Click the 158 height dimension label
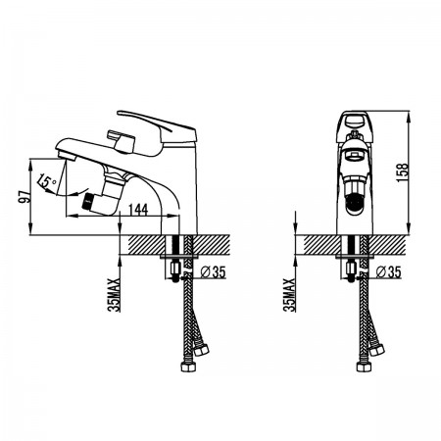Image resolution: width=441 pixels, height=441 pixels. coord(403,172)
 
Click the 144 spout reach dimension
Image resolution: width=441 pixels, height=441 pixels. coord(138,210)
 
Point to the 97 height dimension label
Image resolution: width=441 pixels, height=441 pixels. coord(24,196)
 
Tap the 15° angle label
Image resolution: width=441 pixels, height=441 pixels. coord(47,181)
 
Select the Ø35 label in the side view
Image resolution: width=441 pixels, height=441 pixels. coord(213,271)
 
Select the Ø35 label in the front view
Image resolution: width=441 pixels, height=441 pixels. coord(388,271)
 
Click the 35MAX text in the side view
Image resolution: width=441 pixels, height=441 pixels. coord(115,295)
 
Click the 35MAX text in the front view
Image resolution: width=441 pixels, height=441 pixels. coord(290,295)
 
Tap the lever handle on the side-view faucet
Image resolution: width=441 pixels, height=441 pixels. coord(157,125)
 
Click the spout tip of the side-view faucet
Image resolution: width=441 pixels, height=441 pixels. coord(66,156)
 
